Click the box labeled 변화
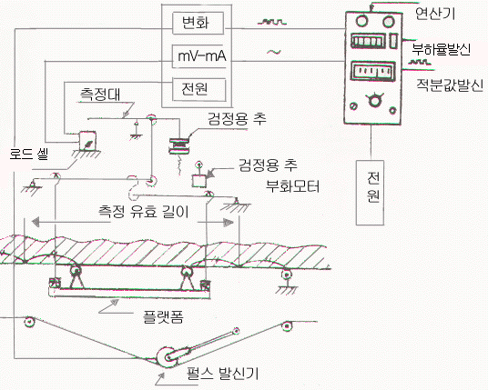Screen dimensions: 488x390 click(198, 23)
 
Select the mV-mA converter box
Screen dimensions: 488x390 click(201, 56)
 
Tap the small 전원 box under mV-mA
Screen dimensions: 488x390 click(199, 89)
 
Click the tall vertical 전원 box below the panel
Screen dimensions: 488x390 click(370, 193)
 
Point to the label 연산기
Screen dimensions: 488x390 click(435, 13)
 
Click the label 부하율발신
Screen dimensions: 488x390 click(441, 49)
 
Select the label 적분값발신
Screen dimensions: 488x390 click(450, 85)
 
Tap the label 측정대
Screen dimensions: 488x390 click(100, 95)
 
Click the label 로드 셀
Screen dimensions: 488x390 click(29, 153)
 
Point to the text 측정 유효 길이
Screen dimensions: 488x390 click(144, 212)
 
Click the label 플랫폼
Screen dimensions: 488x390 click(163, 316)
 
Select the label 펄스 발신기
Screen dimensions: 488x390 click(222, 374)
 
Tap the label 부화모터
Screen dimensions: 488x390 click(292, 186)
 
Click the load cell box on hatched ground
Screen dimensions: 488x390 click(86, 141)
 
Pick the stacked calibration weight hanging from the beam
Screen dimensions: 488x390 click(178, 145)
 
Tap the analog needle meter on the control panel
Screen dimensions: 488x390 click(373, 72)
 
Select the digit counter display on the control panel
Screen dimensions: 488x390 click(368, 41)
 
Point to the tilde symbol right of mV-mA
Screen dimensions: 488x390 click(273, 52)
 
